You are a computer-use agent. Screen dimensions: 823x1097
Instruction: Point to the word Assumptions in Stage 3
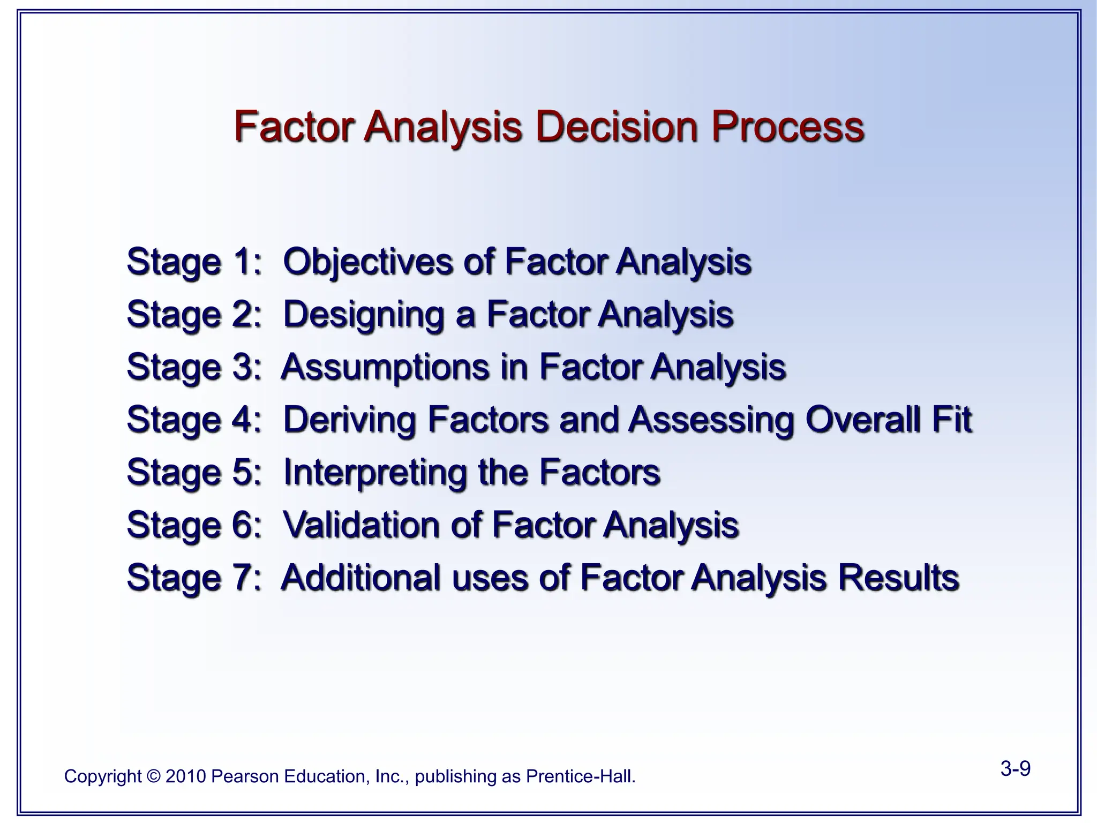pos(385,367)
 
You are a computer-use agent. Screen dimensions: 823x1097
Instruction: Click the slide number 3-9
pos(1015,769)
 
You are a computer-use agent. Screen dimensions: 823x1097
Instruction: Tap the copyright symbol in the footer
pos(153,776)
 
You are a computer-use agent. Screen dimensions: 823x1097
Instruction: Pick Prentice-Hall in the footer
pos(581,776)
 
